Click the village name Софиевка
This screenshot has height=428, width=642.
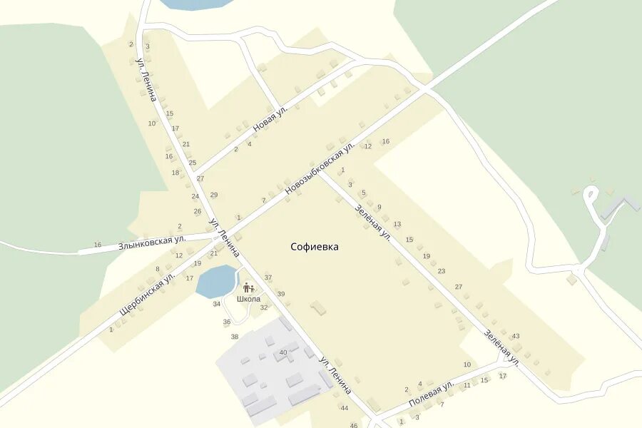[x=315, y=247]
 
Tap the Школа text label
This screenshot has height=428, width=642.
[x=248, y=299]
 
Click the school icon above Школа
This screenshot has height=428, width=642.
[x=248, y=287]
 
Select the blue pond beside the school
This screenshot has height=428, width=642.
[x=215, y=281]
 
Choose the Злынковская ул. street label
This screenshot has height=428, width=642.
[x=152, y=240]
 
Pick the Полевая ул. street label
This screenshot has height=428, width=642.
[x=431, y=394]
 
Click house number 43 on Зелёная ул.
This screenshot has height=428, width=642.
[x=516, y=336]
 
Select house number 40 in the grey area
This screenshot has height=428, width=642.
[x=283, y=352]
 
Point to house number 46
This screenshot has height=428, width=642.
[x=354, y=425]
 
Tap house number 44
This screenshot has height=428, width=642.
[x=344, y=408]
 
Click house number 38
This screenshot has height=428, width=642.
[x=235, y=336]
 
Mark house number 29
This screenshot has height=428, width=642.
[x=213, y=195]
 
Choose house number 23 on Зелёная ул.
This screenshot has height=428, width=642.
[x=442, y=271]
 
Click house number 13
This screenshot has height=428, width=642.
[x=397, y=224]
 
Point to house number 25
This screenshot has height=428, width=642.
[x=193, y=163]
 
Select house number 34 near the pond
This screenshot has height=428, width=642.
[x=217, y=304]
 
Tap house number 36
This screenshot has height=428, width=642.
[x=227, y=322]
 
